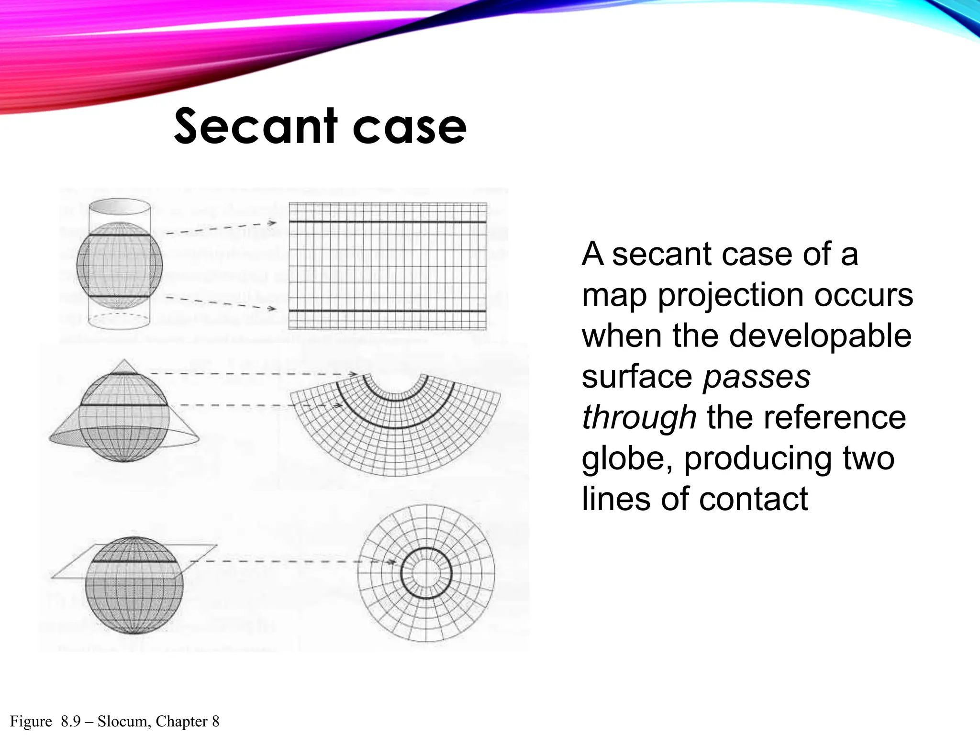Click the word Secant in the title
point(256,126)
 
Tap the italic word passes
point(757,377)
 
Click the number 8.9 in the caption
point(71,721)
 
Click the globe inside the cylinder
point(120,266)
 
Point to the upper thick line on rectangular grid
point(388,222)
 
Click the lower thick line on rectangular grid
point(388,312)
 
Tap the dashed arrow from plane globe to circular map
point(287,561)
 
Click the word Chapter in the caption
point(182,721)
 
